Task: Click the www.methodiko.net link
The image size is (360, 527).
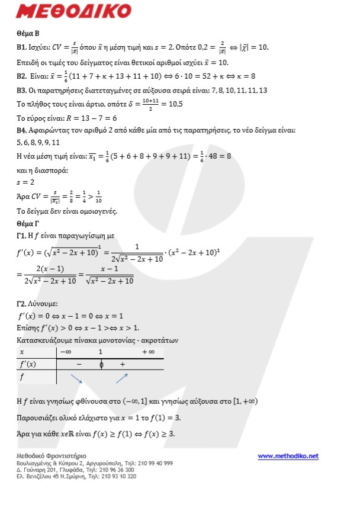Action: pos(288,456)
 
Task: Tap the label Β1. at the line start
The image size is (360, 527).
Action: pos(23,47)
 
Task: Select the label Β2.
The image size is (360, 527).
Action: pos(23,76)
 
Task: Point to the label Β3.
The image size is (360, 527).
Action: pos(23,91)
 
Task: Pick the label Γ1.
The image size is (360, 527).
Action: pos(23,235)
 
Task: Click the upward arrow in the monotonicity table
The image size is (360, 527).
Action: pos(122,378)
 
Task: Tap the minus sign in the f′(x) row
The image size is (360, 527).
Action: pos(79,364)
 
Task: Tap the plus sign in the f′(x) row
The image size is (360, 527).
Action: pos(123,364)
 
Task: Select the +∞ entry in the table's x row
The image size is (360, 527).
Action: pos(149,352)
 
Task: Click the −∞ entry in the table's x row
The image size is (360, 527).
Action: pos(66,352)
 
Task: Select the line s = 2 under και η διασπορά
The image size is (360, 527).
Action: pos(25,181)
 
